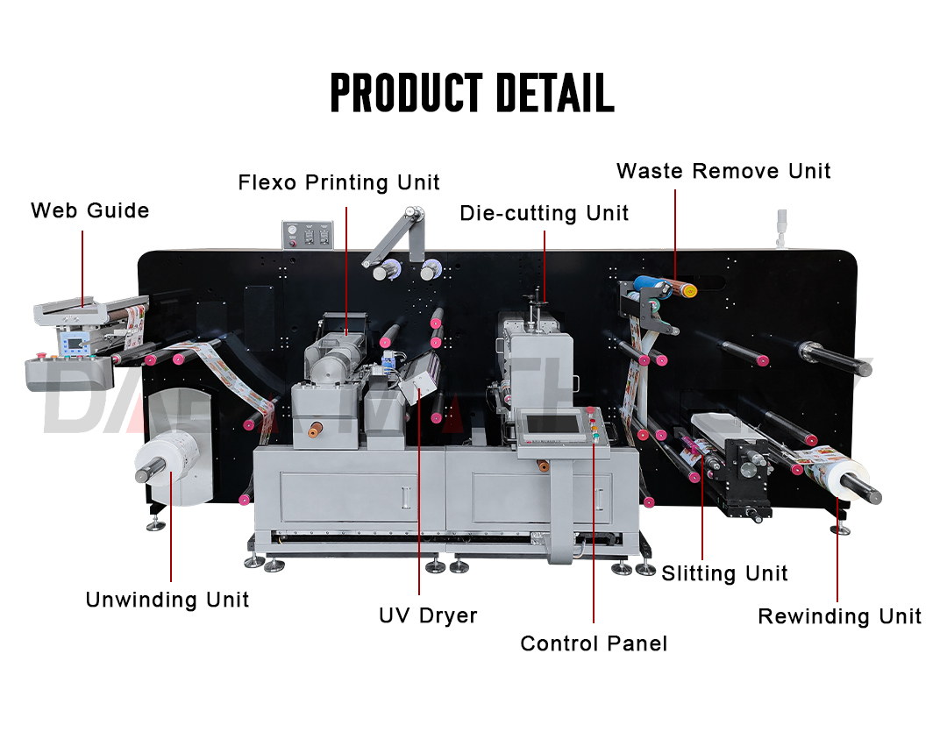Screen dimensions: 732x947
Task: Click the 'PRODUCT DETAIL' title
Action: point(472,93)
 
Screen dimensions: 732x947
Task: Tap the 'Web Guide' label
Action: point(90,210)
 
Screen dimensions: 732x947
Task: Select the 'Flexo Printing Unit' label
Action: point(338,182)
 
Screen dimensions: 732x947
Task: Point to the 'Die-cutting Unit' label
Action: point(544,213)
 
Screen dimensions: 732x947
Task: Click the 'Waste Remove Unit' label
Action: point(723,170)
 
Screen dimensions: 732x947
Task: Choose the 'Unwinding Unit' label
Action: point(167,600)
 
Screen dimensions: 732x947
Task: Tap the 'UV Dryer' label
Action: point(428,615)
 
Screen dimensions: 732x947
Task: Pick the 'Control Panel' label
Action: point(594,643)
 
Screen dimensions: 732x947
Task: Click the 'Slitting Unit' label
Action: point(724,573)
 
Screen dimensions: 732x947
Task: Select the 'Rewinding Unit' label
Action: point(839,616)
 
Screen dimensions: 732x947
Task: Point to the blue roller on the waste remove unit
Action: point(650,282)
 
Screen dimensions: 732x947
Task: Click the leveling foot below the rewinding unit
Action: point(839,529)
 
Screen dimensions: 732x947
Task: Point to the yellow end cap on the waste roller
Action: point(690,290)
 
